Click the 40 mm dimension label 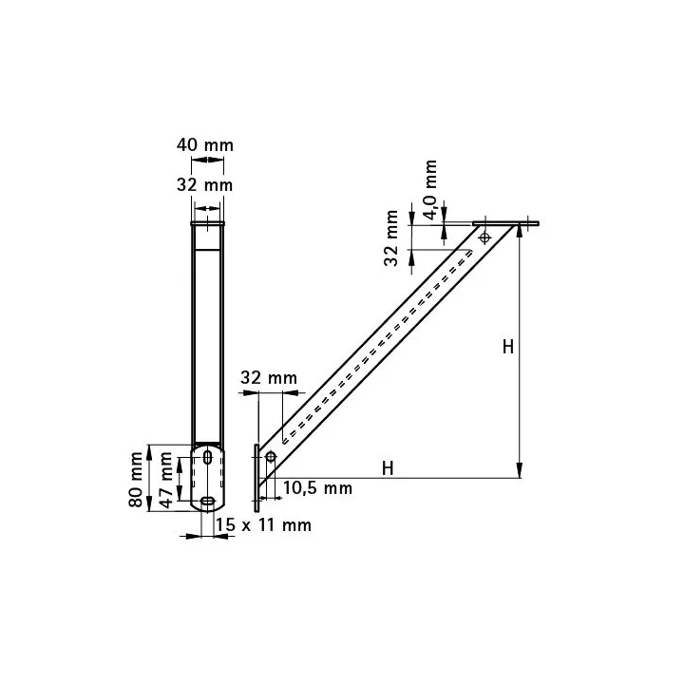(x=205, y=144)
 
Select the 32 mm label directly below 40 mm (x=204, y=185)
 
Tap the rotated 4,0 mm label (x=430, y=190)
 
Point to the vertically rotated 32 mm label (x=390, y=238)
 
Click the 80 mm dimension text (x=136, y=480)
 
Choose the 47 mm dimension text (x=165, y=481)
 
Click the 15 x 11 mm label (x=263, y=524)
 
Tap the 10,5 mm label (x=317, y=487)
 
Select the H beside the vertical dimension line (x=507, y=348)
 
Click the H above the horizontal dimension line (x=388, y=468)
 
